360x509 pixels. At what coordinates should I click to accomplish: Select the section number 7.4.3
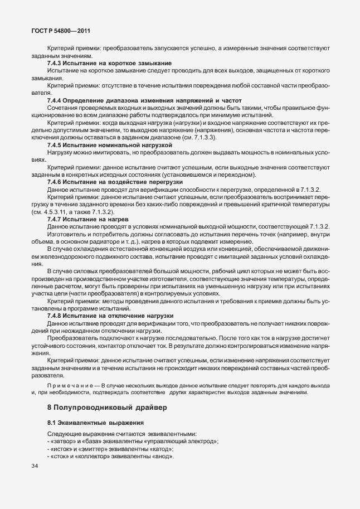point(55,63)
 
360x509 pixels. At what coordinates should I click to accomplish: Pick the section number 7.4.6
point(55,182)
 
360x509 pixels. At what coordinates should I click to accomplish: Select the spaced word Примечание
point(70,385)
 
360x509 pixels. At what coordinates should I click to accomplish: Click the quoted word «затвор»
point(61,442)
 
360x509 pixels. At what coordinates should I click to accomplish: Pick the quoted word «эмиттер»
point(98,449)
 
